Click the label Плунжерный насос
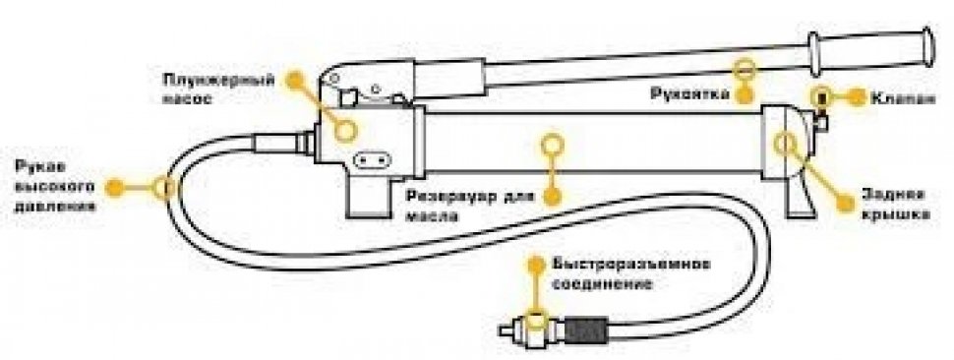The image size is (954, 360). pyautogui.click(x=218, y=89)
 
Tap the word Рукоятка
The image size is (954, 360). pyautogui.click(x=690, y=94)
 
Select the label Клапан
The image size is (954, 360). pyautogui.click(x=903, y=97)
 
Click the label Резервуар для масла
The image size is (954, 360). pyautogui.click(x=470, y=206)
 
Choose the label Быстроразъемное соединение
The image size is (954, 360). pyautogui.click(x=631, y=273)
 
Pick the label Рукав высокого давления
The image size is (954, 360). pyautogui.click(x=55, y=186)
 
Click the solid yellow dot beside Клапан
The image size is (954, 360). pyautogui.click(x=857, y=97)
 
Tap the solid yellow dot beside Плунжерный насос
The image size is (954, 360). pyautogui.click(x=295, y=80)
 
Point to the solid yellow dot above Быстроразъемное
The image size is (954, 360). pyautogui.click(x=536, y=264)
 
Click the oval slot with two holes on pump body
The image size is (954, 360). pyautogui.click(x=372, y=161)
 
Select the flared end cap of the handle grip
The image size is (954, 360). pyautogui.click(x=928, y=46)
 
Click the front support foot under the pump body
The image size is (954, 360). pyautogui.click(x=368, y=197)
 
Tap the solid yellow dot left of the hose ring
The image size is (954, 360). pyautogui.click(x=114, y=187)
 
